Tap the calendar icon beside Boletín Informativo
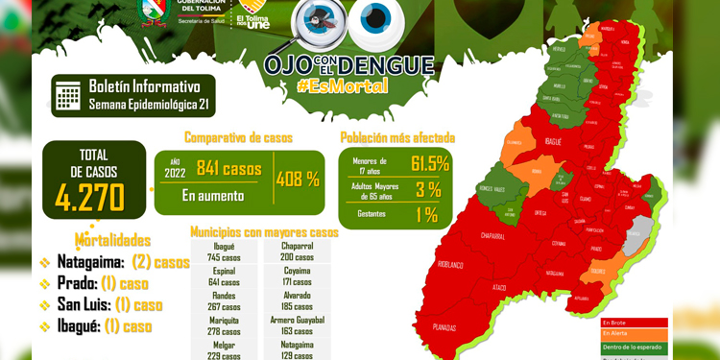tap(67, 95)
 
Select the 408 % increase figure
tap(298, 179)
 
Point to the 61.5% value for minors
tap(430, 163)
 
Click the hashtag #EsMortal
tap(343, 85)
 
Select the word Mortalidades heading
tap(112, 240)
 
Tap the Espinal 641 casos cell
tap(224, 276)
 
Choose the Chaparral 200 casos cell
tap(298, 252)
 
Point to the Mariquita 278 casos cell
tap(224, 326)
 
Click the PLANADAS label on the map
tap(444, 327)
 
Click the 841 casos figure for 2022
tap(228, 168)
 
